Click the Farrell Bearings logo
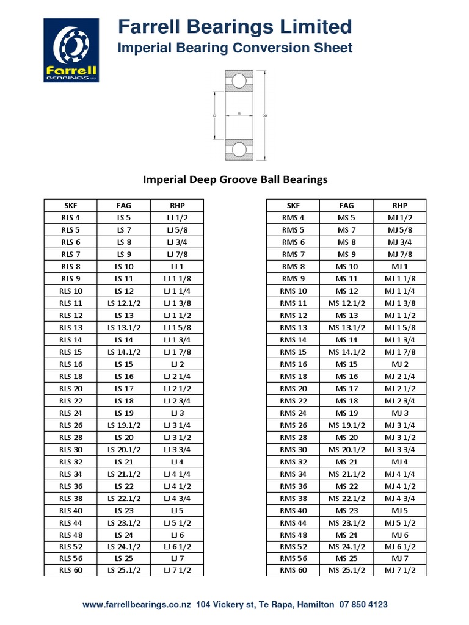coord(71,50)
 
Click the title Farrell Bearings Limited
coord(234,27)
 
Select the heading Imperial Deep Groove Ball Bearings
coord(235,179)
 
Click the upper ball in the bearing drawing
coord(238,81)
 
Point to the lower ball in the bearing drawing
coord(238,150)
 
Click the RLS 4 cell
coord(70,218)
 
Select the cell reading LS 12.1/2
coord(124,303)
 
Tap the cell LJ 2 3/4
coord(178,401)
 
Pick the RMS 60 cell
coord(293,570)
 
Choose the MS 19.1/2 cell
coord(346,425)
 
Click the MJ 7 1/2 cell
coord(400,570)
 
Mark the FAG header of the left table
coord(124,206)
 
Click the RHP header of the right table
coord(400,206)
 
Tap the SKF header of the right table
coord(293,206)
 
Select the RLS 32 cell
coord(70,462)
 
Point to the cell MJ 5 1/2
coord(400,523)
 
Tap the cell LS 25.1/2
coord(124,570)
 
